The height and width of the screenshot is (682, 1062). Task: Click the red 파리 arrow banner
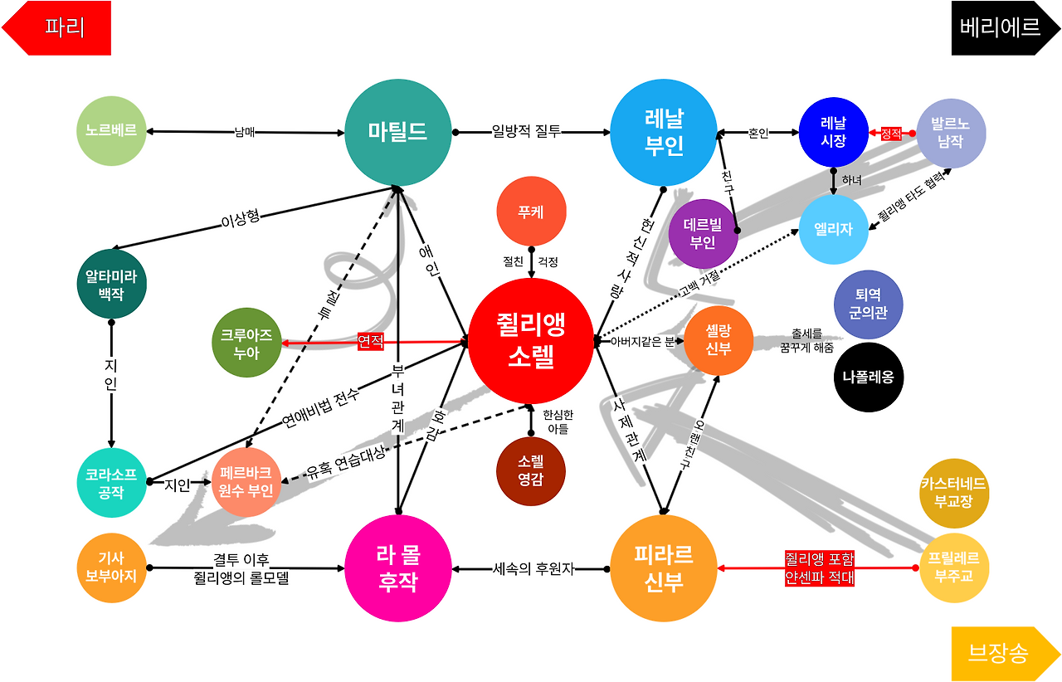(58, 27)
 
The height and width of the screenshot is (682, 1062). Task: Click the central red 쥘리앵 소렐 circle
(531, 341)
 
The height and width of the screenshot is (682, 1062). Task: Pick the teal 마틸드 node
(398, 132)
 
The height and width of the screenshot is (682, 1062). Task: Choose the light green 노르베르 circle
(111, 131)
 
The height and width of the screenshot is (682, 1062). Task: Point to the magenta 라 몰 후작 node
(398, 568)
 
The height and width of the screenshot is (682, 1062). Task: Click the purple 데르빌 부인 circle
(704, 233)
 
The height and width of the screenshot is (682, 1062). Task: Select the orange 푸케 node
(531, 211)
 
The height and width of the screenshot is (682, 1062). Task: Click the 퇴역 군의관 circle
(868, 304)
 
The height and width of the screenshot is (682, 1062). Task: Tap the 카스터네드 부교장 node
(954, 493)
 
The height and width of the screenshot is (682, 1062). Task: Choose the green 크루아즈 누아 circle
(246, 342)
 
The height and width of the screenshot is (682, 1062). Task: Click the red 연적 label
(371, 341)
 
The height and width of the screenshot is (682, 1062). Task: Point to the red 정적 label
(891, 133)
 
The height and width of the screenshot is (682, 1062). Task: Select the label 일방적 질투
(526, 131)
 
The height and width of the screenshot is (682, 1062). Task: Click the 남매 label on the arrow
(245, 131)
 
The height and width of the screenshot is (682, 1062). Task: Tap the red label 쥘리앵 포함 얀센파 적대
(819, 568)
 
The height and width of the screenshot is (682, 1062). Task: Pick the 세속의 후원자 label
(533, 568)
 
